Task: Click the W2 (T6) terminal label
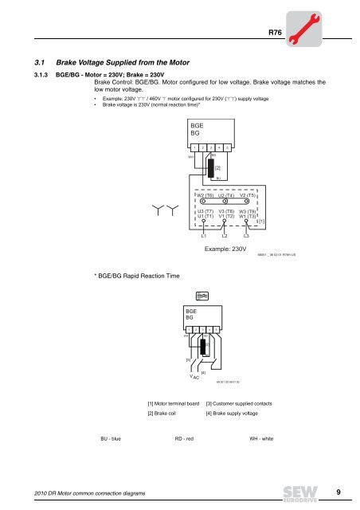[205, 195]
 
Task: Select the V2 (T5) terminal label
[247, 195]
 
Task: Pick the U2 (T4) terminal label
[225, 195]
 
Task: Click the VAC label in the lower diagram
[194, 377]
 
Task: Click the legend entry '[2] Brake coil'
[166, 416]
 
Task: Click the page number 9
[338, 494]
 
